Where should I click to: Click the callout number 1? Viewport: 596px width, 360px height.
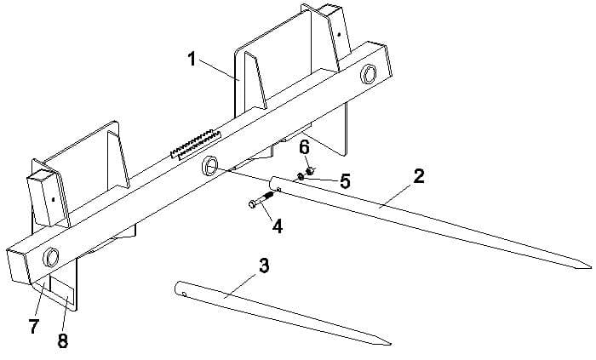click(192, 60)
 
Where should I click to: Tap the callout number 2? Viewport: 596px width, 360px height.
click(418, 177)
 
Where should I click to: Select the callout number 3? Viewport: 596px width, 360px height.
click(264, 266)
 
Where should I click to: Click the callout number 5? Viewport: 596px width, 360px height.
click(345, 181)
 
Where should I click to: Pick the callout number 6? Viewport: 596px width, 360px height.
click(303, 148)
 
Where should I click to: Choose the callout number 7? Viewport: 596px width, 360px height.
click(34, 327)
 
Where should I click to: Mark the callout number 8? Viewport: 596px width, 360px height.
click(62, 341)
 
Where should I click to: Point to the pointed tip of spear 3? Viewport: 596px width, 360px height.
click(388, 344)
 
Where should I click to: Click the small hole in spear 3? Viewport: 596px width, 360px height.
click(183, 294)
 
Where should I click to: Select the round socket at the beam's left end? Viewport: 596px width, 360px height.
click(50, 255)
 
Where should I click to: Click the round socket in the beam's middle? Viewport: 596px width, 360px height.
click(209, 168)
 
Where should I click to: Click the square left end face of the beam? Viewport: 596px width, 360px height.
click(20, 266)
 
